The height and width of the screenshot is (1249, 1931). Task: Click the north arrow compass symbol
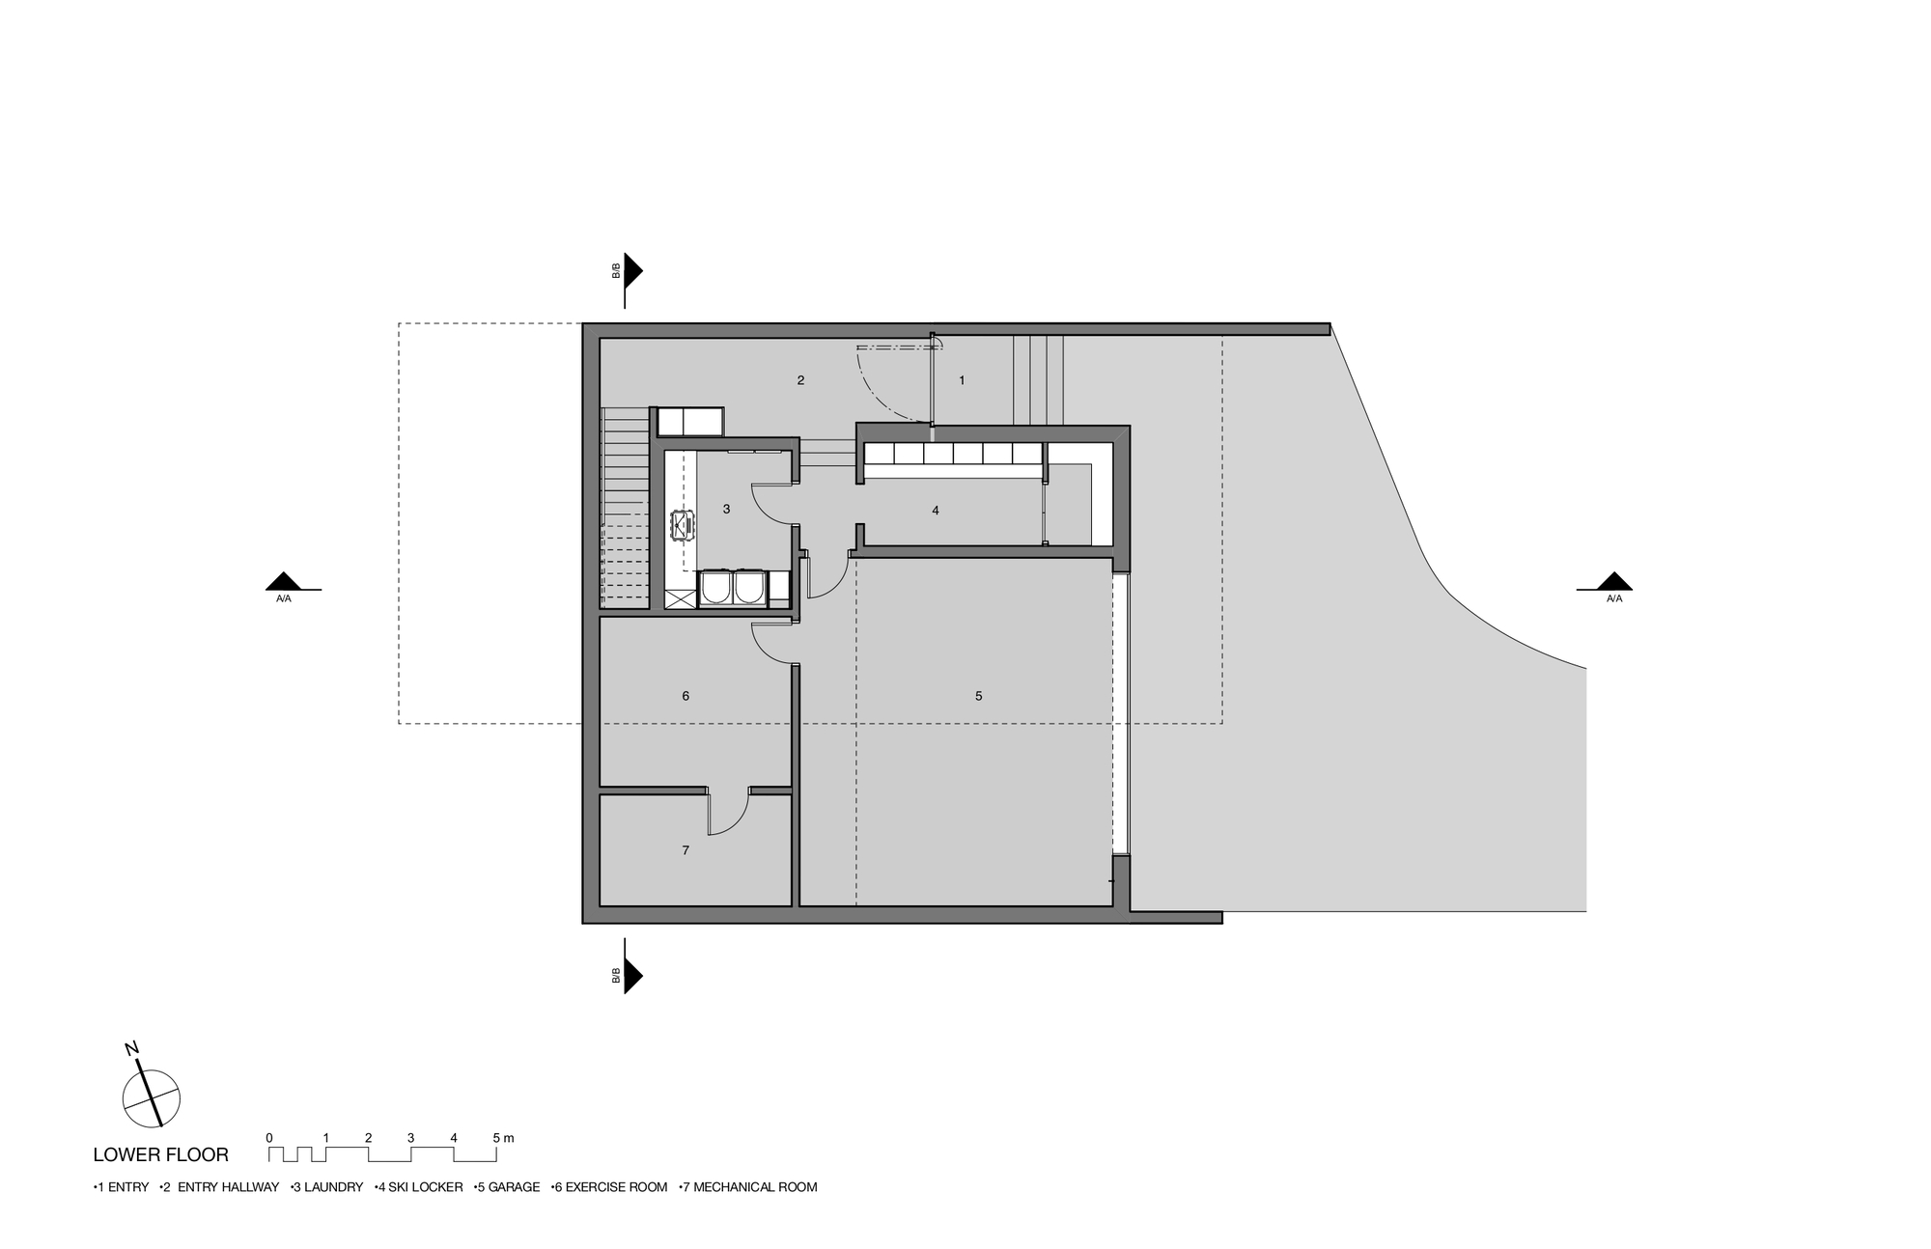151,1096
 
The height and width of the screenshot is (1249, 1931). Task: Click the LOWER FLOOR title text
160,1154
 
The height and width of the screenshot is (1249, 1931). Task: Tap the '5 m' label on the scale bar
503,1138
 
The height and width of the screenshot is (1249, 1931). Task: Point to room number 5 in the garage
978,696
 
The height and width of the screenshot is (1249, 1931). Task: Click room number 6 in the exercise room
686,696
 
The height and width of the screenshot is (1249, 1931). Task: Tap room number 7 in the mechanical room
686,850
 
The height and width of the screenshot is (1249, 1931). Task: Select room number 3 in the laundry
726,509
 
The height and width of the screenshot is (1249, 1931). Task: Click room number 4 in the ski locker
935,511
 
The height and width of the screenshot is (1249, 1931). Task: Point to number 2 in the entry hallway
800,380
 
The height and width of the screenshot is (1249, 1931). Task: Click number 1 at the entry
962,380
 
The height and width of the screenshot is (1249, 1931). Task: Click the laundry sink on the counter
683,525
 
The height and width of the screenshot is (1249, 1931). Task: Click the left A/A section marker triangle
284,581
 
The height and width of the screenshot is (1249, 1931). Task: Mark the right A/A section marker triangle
1613,581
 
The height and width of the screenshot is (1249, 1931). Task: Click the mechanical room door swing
730,813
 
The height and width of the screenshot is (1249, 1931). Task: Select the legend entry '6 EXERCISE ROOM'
609,1187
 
